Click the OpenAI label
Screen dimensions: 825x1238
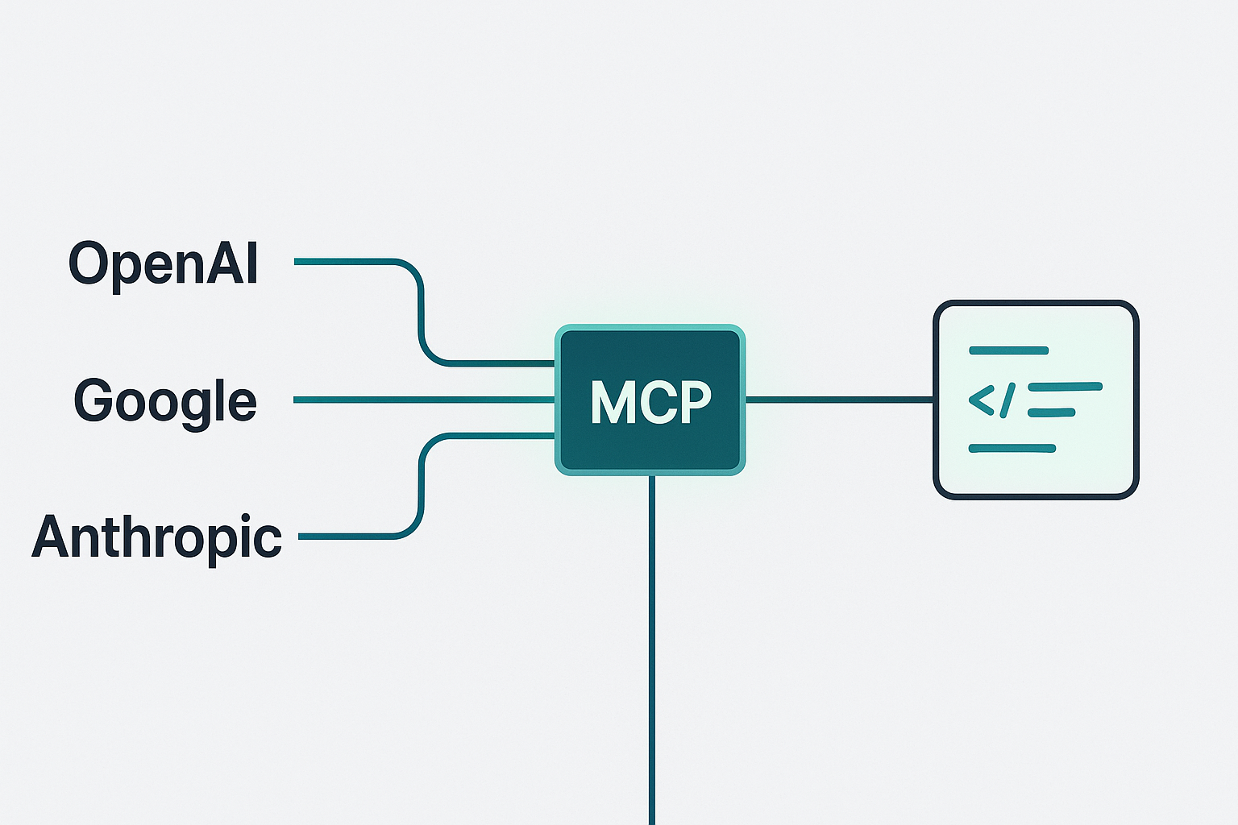tap(163, 263)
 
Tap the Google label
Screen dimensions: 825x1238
tap(165, 400)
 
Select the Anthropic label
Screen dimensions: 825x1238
tap(157, 537)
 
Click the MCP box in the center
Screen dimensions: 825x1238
tap(650, 400)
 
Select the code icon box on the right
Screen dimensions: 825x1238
tap(1036, 400)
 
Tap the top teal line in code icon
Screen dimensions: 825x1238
tap(1008, 350)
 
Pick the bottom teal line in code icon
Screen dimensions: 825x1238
tap(1012, 449)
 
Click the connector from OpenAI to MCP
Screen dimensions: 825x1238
tap(421, 314)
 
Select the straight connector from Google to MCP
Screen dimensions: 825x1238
tap(423, 400)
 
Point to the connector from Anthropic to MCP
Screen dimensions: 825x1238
tap(421, 483)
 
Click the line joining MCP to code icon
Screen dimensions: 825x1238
tap(838, 399)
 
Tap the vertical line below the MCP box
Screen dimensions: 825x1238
tap(652, 645)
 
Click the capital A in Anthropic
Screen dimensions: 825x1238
tap(51, 537)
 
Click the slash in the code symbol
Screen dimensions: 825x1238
tap(1007, 400)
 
